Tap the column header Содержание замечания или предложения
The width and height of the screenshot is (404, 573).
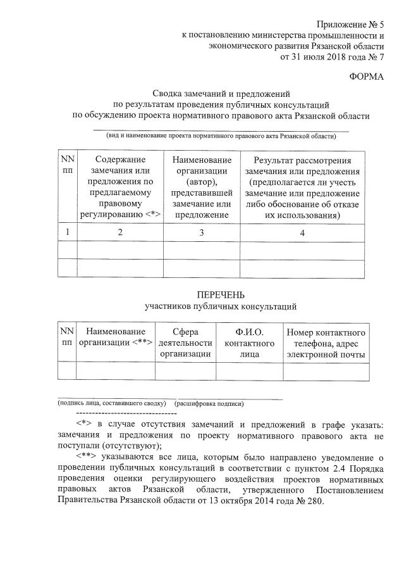pos(119,187)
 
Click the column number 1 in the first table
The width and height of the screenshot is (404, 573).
pos(67,232)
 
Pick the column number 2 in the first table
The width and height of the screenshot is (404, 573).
pos(119,232)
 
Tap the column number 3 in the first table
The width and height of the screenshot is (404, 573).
pos(202,232)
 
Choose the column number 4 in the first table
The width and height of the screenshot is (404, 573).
pos(302,232)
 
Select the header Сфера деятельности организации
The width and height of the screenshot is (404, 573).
pos(185,343)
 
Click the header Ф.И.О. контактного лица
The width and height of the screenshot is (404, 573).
pos(249,343)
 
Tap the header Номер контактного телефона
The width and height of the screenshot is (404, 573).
pos(325,343)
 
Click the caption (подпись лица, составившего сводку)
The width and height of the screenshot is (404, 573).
pos(111,403)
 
